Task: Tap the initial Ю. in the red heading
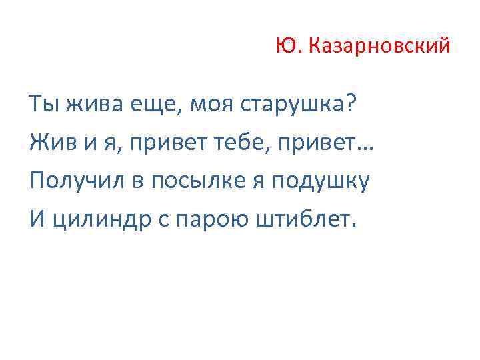tap(288, 47)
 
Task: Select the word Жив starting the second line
tap(49, 142)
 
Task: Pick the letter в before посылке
tap(139, 181)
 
